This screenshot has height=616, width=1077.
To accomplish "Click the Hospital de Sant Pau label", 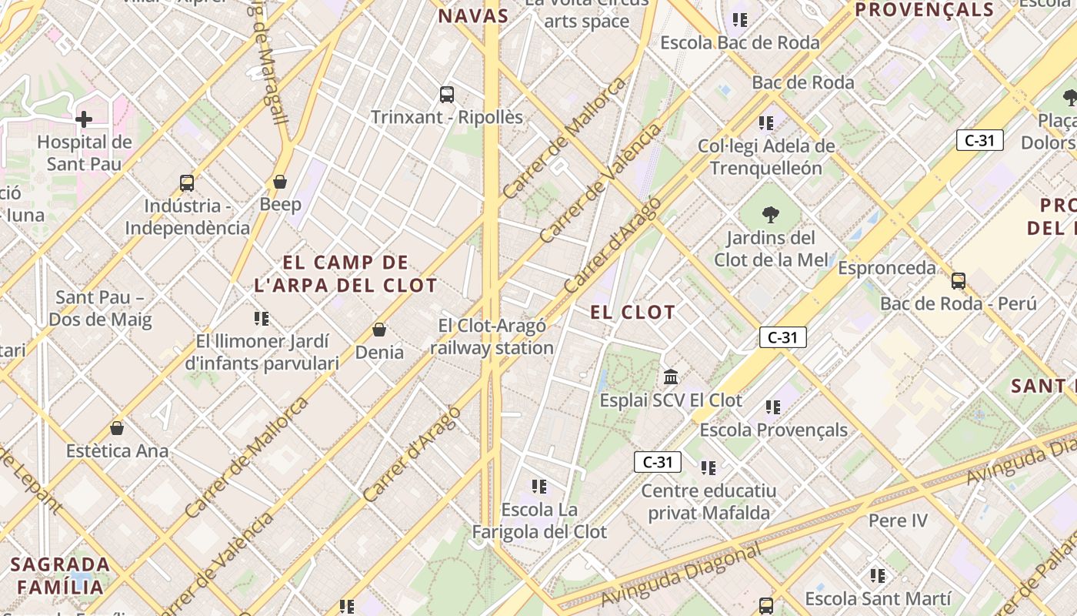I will [x=85, y=152].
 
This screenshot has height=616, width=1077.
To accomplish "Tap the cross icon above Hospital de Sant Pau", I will [x=84, y=119].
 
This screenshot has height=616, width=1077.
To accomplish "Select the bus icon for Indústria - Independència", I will [x=187, y=183].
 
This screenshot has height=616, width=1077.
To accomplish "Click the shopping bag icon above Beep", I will [x=280, y=182].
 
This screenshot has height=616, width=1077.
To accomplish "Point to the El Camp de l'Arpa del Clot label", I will [x=345, y=273].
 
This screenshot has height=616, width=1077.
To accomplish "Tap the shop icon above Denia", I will [x=378, y=330].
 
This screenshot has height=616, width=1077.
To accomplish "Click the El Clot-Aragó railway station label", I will [x=492, y=336].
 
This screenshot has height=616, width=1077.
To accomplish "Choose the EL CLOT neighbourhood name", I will [x=632, y=313].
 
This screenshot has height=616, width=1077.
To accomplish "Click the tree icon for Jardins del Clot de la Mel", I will [x=770, y=215].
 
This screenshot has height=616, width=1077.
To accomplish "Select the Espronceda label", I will [x=886, y=268].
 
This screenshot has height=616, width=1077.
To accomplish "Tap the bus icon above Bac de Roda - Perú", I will [x=958, y=280].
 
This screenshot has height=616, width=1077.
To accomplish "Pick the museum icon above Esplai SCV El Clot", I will [x=671, y=377].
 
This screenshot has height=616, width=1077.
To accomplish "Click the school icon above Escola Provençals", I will [x=773, y=407].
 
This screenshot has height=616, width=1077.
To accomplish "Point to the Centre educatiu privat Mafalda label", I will [x=709, y=501].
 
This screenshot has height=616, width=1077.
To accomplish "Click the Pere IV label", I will [x=898, y=521].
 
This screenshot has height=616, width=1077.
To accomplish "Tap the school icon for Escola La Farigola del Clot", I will [x=539, y=487].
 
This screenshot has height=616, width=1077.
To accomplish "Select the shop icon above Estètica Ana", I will [x=117, y=427].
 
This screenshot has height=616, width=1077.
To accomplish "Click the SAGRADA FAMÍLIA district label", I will [x=60, y=575].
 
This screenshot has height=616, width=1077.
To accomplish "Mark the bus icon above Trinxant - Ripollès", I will [x=447, y=95].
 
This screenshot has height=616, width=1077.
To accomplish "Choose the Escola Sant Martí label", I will [x=878, y=598].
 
